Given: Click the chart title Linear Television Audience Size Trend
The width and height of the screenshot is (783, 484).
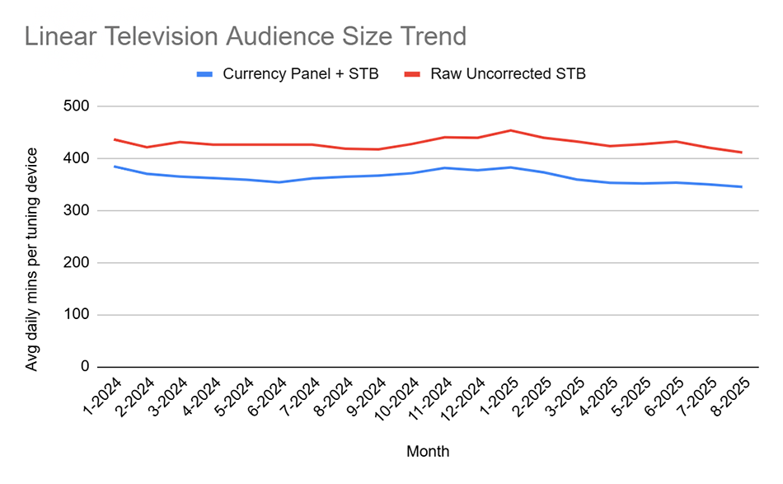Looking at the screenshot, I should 245,37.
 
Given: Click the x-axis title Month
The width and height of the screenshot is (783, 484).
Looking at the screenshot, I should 428,451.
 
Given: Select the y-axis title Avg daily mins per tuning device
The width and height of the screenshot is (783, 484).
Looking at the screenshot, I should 32,259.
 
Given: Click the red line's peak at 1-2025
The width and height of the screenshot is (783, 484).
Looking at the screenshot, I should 511,130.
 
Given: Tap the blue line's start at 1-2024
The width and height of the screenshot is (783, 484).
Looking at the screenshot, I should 115,167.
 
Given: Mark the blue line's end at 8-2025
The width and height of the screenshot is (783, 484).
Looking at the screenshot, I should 742,186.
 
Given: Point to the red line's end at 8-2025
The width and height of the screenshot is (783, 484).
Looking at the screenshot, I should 742,153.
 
